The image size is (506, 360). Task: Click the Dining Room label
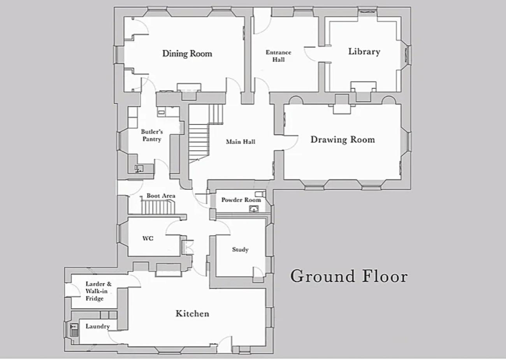(187, 54)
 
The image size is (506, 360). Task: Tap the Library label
(364, 51)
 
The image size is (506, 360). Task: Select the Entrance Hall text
(279, 56)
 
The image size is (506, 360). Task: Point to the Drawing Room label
(343, 139)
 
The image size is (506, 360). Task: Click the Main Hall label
(241, 142)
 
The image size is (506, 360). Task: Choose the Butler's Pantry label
(152, 135)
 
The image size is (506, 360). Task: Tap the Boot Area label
(161, 196)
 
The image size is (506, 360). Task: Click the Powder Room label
(241, 200)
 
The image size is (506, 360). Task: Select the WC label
(148, 238)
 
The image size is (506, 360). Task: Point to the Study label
(240, 250)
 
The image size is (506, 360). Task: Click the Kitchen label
(192, 314)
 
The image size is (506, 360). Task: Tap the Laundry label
(98, 326)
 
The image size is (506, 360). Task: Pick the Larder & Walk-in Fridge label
(98, 291)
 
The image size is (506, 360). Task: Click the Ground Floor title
(349, 276)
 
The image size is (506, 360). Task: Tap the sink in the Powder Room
(254, 209)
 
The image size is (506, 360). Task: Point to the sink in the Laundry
(74, 330)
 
